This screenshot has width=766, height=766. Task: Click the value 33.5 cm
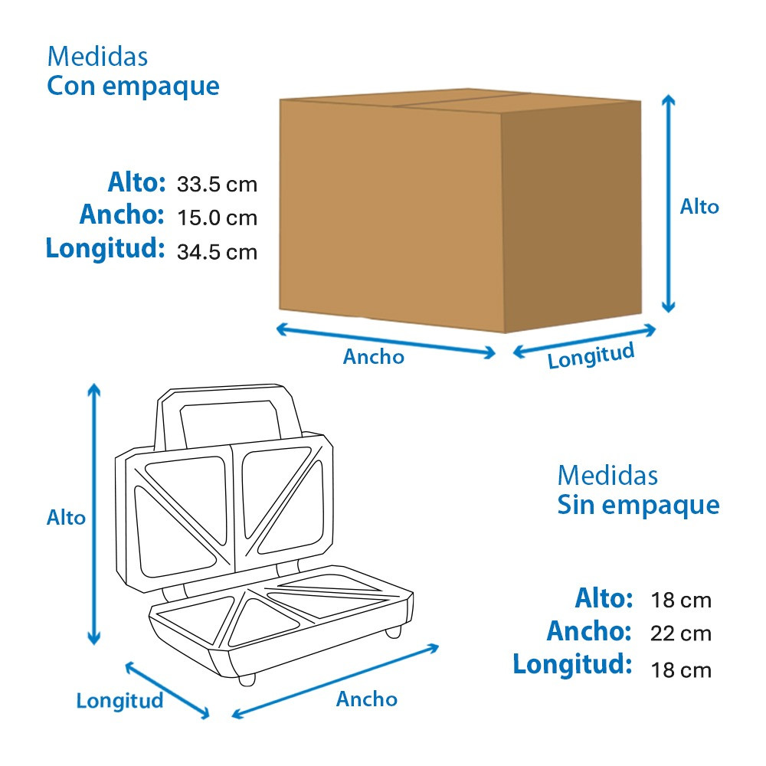click(217, 185)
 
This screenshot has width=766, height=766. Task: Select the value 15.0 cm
click(217, 218)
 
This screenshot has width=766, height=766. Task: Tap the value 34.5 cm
click(217, 252)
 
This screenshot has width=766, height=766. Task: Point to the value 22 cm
click(680, 633)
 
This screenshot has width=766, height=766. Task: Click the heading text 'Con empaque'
click(133, 87)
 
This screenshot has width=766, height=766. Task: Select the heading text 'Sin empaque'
click(638, 506)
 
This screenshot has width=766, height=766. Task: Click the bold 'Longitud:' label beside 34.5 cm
click(105, 249)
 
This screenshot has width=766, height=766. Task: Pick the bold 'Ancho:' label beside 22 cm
click(589, 630)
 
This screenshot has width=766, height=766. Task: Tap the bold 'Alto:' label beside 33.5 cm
click(137, 182)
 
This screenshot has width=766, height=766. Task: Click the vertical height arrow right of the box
click(668, 204)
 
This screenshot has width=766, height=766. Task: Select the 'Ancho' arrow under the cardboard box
click(386, 341)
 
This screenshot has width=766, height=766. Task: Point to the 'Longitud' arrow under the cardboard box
click(584, 341)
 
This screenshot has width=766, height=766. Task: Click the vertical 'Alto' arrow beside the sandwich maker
click(93, 515)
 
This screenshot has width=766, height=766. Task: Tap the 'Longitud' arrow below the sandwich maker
click(168, 690)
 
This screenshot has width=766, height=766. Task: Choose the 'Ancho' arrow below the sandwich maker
click(336, 681)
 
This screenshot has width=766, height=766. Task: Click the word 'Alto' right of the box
click(699, 207)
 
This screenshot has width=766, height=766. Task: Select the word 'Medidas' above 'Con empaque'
click(97, 57)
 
